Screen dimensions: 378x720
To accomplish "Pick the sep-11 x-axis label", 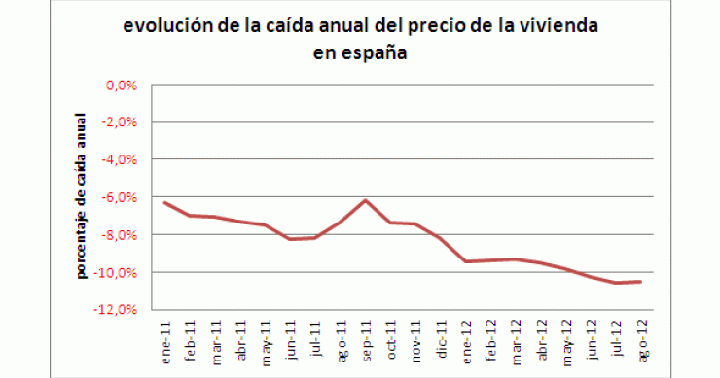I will coord(364,333).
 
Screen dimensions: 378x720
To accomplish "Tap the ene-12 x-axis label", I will coord(465,333).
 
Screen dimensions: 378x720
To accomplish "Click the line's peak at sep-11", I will coord(365,199).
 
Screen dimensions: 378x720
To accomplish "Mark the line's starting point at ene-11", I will coord(164,202).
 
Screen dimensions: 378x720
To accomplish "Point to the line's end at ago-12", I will coord(641,281).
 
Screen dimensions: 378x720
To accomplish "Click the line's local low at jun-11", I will coord(290,239).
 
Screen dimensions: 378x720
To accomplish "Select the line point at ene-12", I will coord(466,261).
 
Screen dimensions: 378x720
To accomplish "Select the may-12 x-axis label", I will coord(565,333).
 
